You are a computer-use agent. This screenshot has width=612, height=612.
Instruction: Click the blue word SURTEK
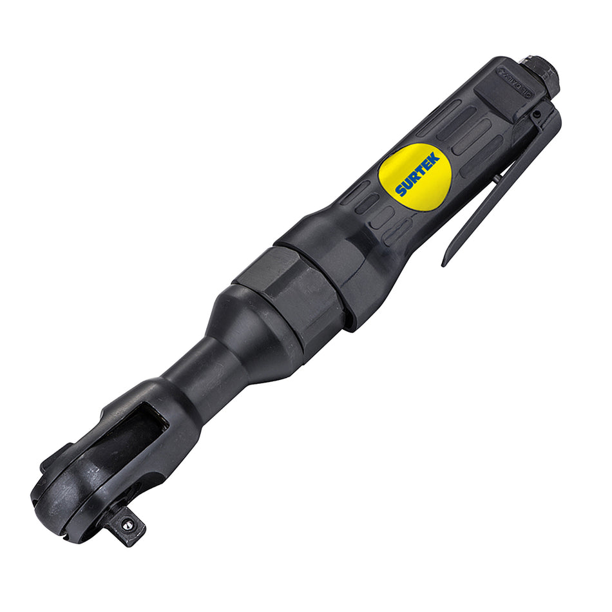(417, 174)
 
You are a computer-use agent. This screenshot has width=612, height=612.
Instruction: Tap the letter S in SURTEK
(401, 191)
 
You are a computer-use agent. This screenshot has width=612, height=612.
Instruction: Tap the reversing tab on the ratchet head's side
(55, 457)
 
